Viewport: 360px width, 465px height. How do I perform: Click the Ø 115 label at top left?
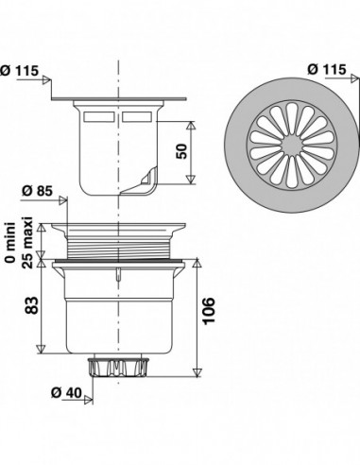19,70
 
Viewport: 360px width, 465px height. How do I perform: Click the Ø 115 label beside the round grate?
327,69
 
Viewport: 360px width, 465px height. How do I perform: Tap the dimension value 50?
181,151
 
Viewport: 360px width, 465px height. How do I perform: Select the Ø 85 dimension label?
37,191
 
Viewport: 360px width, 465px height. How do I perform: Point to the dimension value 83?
31,305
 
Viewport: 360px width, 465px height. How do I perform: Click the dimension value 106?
209,311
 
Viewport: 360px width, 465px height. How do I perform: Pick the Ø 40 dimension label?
66,393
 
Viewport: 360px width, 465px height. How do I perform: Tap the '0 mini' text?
11,242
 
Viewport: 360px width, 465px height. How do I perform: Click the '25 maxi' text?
27,242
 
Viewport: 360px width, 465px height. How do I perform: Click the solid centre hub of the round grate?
292,146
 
